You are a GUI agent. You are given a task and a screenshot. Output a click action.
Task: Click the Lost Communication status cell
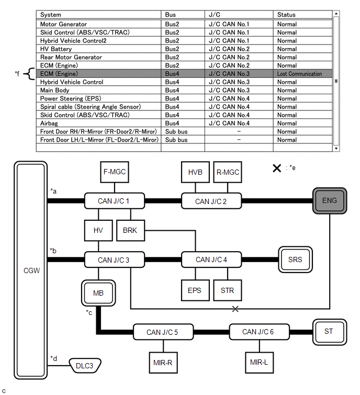tap(299, 74)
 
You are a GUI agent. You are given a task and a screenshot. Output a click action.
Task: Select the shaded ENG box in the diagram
tap(330, 201)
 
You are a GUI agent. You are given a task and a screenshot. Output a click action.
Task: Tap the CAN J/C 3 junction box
tap(115, 259)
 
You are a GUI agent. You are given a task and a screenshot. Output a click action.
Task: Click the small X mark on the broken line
tap(235, 309)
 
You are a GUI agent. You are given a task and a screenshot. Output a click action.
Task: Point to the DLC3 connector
tap(85, 366)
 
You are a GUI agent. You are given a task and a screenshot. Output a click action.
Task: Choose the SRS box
tap(295, 259)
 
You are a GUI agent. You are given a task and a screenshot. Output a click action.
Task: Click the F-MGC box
tap(115, 172)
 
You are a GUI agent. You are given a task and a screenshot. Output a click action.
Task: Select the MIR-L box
tap(259, 363)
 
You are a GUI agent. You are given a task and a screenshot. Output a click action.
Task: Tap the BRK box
tap(130, 231)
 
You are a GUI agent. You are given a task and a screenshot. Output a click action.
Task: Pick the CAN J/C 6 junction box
tap(259, 332)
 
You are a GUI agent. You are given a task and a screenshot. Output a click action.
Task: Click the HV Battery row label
tap(56, 49)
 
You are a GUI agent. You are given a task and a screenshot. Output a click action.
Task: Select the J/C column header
tap(215, 15)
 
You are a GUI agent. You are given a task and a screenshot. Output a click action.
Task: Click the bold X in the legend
tap(277, 168)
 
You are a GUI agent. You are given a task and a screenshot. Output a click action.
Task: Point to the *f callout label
tap(17, 74)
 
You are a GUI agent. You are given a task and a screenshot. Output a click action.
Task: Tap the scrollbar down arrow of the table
tap(336, 149)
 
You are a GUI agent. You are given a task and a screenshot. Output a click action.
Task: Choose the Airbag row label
tap(49, 123)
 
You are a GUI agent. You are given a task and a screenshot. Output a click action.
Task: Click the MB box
tap(98, 293)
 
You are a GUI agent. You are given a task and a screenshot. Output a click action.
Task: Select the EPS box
tap(195, 290)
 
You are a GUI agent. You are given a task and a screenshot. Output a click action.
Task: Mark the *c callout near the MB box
tap(89, 312)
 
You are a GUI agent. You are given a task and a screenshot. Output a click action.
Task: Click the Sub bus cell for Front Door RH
tap(176, 131)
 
